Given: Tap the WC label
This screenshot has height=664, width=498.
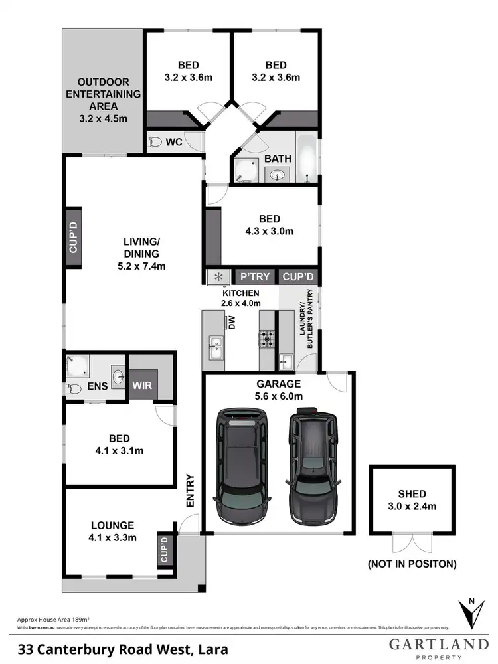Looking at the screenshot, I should [174, 142].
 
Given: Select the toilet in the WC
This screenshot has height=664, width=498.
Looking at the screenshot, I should [155, 142].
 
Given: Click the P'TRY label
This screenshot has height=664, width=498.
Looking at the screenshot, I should [253, 276].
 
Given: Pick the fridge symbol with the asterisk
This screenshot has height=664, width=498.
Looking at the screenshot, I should [218, 276].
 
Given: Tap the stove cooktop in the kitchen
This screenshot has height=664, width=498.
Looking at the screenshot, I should [266, 339].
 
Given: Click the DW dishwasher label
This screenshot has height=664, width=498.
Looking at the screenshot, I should [232, 323].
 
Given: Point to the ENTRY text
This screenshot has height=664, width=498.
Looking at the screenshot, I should [191, 491].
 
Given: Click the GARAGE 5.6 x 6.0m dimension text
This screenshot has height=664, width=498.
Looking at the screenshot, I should [279, 396].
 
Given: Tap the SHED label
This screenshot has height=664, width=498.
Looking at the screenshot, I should [412, 493].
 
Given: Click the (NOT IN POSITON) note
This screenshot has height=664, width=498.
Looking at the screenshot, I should [412, 564].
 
